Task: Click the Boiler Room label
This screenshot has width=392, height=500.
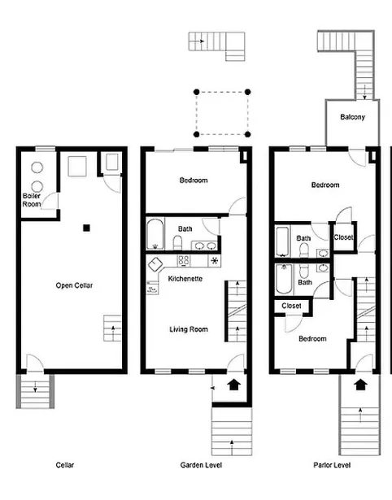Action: click(33, 199)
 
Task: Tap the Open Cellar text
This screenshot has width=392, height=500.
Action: click(72, 285)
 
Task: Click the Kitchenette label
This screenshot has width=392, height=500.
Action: click(185, 279)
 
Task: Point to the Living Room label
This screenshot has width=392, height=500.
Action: click(189, 329)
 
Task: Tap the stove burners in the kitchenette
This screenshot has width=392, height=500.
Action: click(184, 261)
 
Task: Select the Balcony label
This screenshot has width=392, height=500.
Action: click(352, 117)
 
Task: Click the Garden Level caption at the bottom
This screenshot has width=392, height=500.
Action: click(196, 466)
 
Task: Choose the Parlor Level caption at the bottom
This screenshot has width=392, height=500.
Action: click(332, 466)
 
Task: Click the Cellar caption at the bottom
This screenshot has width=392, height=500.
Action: click(65, 466)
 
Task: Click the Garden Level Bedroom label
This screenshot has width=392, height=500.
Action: click(194, 180)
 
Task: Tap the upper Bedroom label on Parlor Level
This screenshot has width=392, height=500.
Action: click(325, 185)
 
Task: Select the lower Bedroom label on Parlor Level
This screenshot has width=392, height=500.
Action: click(311, 338)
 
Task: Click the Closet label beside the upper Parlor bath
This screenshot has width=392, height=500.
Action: click(344, 237)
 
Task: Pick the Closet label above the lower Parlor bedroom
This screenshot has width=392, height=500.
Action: click(291, 306)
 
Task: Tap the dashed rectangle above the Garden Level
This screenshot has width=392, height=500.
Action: click(221, 113)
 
